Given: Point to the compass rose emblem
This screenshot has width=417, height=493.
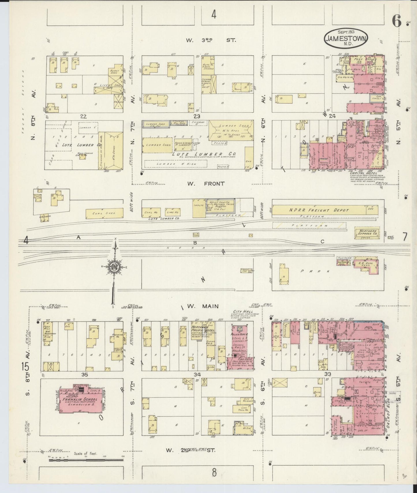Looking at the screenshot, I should coord(114,267).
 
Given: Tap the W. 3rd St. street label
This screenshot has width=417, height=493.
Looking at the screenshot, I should coord(211,40).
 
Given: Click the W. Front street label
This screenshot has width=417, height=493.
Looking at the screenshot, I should coord(205,183).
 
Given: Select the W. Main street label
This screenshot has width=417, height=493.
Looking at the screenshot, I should coord(204,306).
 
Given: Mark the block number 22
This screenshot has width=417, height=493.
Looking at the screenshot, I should coord(83,116).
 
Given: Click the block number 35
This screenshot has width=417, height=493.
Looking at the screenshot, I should coord(84,375).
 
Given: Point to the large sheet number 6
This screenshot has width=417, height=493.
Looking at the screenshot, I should coord(397,22).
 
